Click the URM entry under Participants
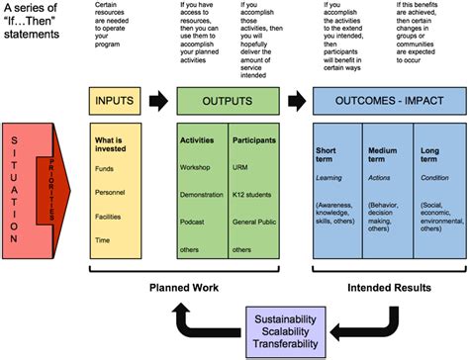click(242, 167)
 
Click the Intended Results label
click(387, 289)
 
